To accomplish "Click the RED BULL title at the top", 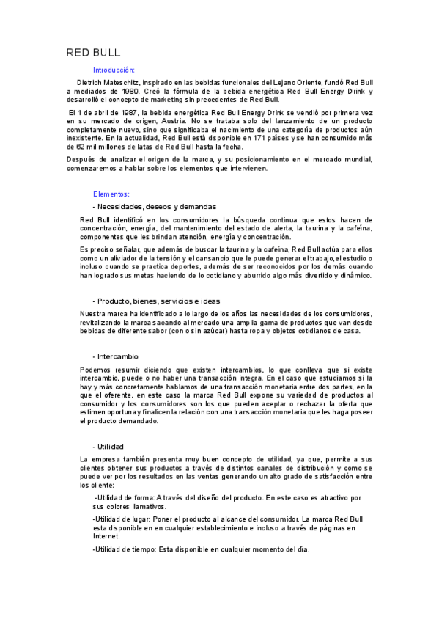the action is coord(93,54).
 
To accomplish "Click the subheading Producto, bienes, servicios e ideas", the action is coord(158,301).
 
